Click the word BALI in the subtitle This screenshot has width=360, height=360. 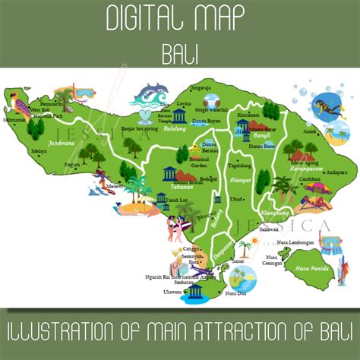pos(180,54)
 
